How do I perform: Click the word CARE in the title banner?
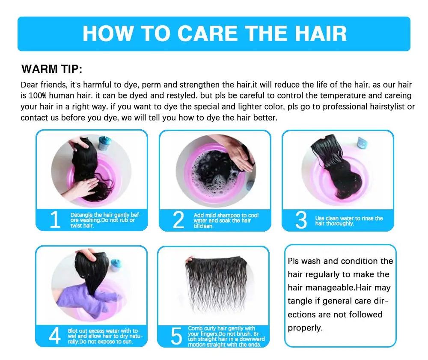(207, 33)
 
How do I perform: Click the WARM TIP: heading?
(52, 69)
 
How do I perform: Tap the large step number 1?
(55, 220)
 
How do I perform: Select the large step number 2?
(178, 220)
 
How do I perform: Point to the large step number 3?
(301, 220)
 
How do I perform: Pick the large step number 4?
(54, 336)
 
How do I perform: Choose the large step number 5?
(176, 336)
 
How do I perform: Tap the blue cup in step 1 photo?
(104, 143)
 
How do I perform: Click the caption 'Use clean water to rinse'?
(349, 221)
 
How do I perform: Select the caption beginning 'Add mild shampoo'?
(226, 220)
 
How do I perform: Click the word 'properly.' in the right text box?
(305, 328)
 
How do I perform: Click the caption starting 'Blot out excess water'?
(107, 336)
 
